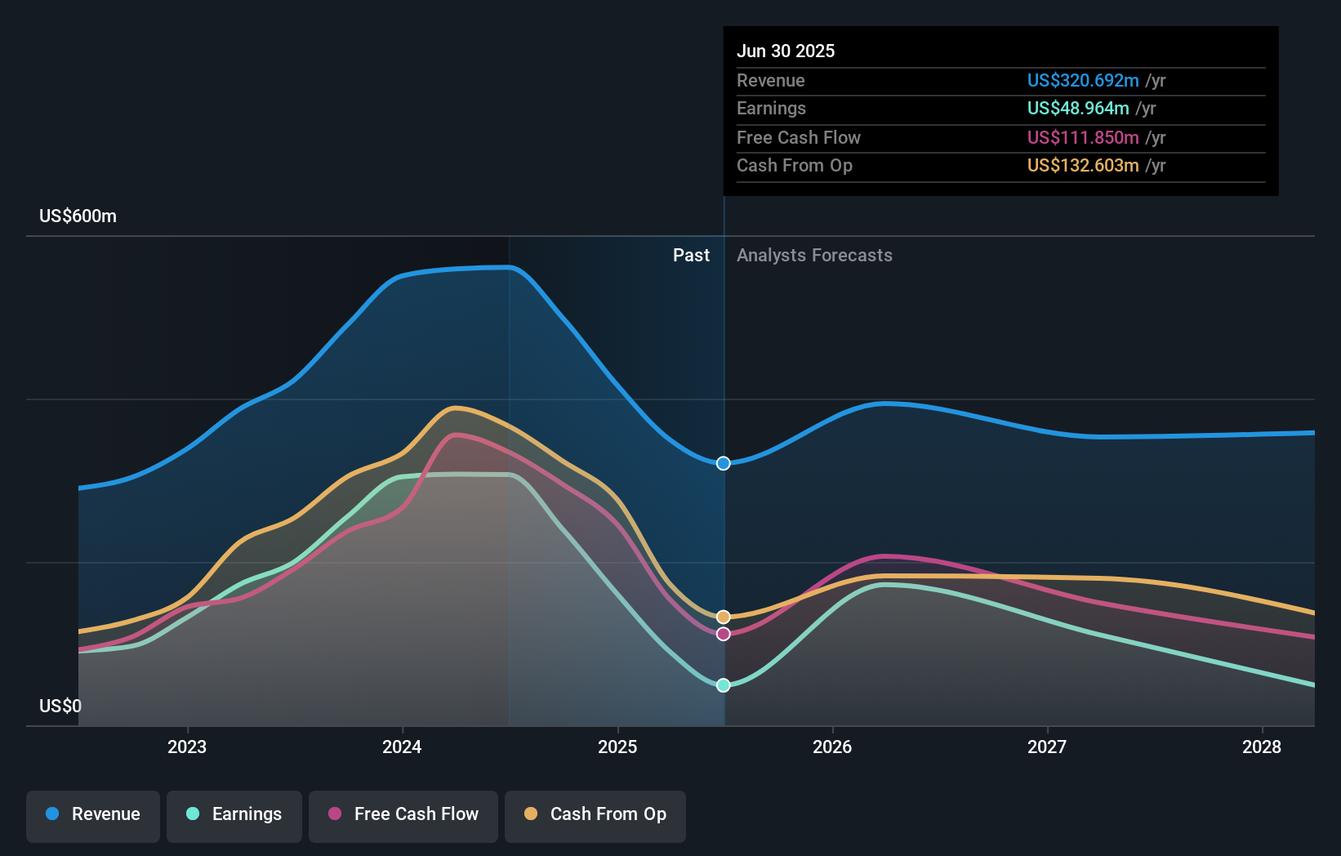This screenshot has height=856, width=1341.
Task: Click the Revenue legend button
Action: pyautogui.click(x=93, y=814)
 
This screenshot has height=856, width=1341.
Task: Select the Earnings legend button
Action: pyautogui.click(x=234, y=814)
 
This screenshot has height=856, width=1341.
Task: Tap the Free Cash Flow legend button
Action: pyautogui.click(x=403, y=814)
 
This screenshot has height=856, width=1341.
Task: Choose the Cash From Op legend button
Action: pyautogui.click(x=595, y=814)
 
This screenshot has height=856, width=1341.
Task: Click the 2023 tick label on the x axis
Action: pyautogui.click(x=187, y=747)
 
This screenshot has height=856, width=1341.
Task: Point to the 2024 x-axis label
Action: pyautogui.click(x=402, y=747)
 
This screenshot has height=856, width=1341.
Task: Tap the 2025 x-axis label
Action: pyautogui.click(x=617, y=747)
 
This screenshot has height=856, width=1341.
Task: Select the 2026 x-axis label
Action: pyautogui.click(x=832, y=747)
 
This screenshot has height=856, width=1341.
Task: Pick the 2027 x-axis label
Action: pyautogui.click(x=1047, y=747)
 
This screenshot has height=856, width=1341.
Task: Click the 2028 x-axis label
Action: pyautogui.click(x=1262, y=747)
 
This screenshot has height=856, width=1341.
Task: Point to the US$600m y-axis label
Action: pyautogui.click(x=78, y=216)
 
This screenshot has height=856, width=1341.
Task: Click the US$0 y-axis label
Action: pyautogui.click(x=60, y=706)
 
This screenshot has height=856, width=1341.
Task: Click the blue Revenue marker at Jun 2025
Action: pyautogui.click(x=724, y=463)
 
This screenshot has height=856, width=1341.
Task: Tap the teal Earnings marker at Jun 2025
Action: pyautogui.click(x=724, y=685)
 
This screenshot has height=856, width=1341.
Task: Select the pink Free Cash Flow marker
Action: pyautogui.click(x=724, y=634)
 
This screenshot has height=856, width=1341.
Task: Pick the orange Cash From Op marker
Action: pyautogui.click(x=724, y=617)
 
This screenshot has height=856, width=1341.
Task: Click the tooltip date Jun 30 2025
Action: pyautogui.click(x=786, y=51)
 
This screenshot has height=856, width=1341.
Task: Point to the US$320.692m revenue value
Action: pyautogui.click(x=1083, y=80)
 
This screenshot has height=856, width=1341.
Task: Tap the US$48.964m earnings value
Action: pyautogui.click(x=1078, y=108)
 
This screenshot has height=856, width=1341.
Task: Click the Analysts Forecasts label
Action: pyautogui.click(x=814, y=256)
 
